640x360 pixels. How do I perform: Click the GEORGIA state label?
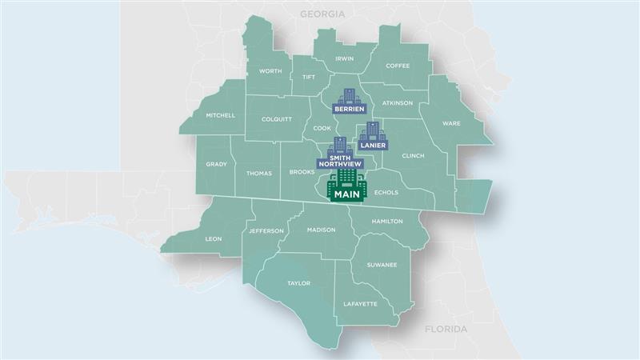322,14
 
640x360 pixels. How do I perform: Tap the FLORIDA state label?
445,329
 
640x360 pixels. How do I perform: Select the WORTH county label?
270,71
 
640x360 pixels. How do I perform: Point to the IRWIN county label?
345,58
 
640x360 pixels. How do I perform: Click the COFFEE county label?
398,66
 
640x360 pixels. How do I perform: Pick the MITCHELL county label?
220,115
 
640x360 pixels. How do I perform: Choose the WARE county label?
451,123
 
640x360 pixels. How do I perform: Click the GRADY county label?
216,164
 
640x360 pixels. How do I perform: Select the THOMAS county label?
258,173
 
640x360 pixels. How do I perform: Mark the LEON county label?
214,238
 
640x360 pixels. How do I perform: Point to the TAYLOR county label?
298,283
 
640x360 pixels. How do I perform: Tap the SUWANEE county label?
382,264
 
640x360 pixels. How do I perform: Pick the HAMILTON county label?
387,221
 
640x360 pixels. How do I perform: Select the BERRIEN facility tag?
350,108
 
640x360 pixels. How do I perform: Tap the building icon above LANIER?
372,132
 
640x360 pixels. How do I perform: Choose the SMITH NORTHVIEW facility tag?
340,161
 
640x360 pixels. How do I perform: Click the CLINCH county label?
413,156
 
